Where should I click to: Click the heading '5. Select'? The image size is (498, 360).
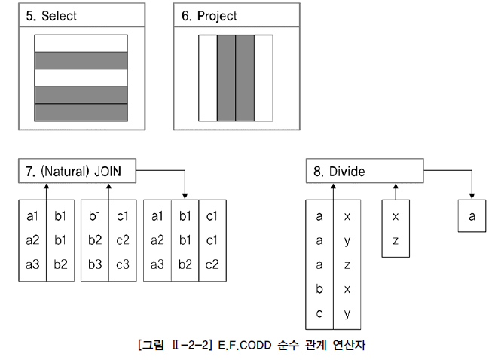point(51,16)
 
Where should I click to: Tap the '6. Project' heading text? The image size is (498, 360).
point(209,16)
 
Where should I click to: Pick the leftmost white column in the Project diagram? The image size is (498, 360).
point(207,78)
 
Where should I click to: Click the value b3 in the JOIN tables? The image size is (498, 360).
point(95,264)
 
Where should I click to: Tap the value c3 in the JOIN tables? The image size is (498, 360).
point(122,264)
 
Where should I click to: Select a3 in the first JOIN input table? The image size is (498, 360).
point(32,264)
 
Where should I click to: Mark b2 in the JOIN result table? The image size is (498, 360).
point(185,264)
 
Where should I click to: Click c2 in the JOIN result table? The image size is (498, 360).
point(212,264)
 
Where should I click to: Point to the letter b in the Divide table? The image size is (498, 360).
point(319,289)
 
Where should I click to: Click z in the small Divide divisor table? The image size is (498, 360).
point(396,240)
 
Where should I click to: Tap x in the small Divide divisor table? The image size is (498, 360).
point(396,216)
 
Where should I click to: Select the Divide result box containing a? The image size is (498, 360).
point(472,216)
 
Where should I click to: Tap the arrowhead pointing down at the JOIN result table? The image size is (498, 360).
point(185,194)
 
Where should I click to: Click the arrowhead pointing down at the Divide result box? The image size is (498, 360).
point(472,194)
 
